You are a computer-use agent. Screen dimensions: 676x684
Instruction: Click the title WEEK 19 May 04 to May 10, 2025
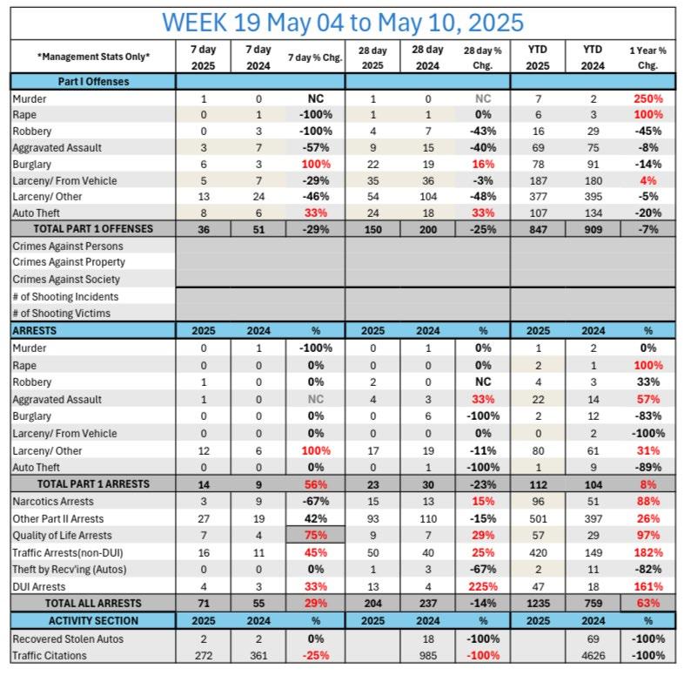[x=343, y=21]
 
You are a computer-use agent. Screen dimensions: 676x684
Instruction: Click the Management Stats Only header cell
[x=93, y=57]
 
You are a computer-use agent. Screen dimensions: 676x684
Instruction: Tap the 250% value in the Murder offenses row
[x=647, y=98]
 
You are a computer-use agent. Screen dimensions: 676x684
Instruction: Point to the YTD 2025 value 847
[x=538, y=229]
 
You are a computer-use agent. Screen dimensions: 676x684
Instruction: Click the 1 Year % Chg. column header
[x=647, y=57]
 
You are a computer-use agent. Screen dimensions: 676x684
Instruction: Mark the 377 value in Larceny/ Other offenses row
[x=538, y=197]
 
